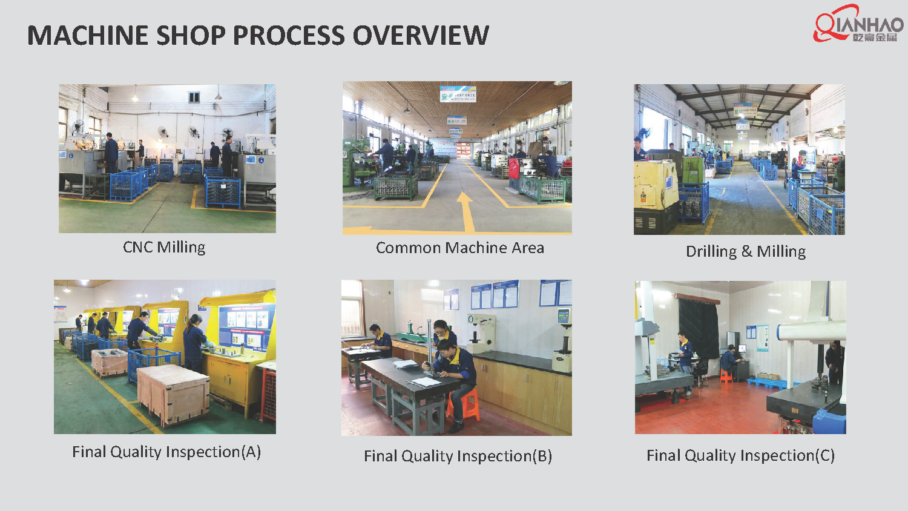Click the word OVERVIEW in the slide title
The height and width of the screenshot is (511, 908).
[421, 35]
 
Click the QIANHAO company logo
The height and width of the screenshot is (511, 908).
[858, 25]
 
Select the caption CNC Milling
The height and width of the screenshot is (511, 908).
[164, 247]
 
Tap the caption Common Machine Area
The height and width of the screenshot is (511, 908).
[459, 248]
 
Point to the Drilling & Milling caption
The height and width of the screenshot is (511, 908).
[745, 251]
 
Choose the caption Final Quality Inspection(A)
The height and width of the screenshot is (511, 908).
[166, 452]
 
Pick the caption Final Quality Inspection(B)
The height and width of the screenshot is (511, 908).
[458, 456]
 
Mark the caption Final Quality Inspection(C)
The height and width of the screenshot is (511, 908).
[740, 455]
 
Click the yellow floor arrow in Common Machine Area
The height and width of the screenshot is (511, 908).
[465, 209]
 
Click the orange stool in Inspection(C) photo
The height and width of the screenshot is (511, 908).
[726, 377]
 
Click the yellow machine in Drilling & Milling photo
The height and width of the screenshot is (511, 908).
[656, 188]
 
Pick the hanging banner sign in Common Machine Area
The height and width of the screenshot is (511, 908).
[458, 94]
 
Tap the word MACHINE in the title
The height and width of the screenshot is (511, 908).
[88, 35]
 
